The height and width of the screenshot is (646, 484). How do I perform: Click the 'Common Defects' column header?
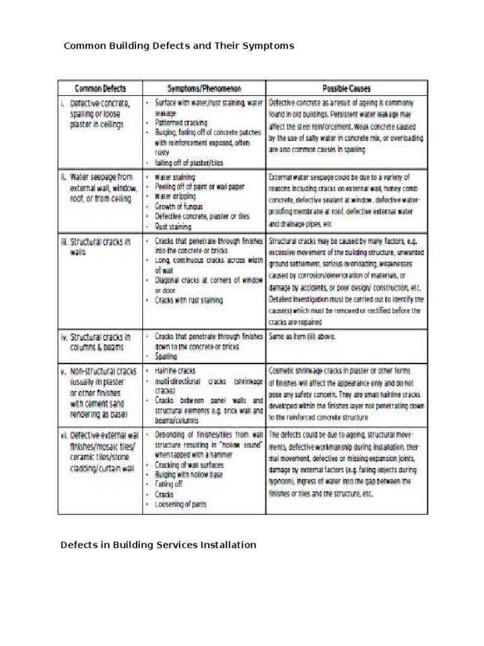100,89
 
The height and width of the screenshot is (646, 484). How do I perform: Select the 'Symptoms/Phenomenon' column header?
204,89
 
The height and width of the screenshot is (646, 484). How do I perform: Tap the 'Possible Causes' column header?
346,89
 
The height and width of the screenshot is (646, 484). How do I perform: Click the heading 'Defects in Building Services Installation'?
158,544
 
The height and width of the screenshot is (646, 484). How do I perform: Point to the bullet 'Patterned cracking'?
181,122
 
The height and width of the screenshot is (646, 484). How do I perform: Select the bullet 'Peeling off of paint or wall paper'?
199,187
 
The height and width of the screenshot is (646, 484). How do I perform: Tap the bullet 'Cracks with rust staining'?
188,300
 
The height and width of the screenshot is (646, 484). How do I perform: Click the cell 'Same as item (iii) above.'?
302,336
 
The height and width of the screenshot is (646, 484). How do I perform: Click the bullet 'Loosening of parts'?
180,504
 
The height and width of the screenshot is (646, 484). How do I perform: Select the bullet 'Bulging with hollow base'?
189,474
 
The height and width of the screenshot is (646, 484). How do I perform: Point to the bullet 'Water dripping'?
178,196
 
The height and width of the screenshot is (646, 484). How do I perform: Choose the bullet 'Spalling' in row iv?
166,356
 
